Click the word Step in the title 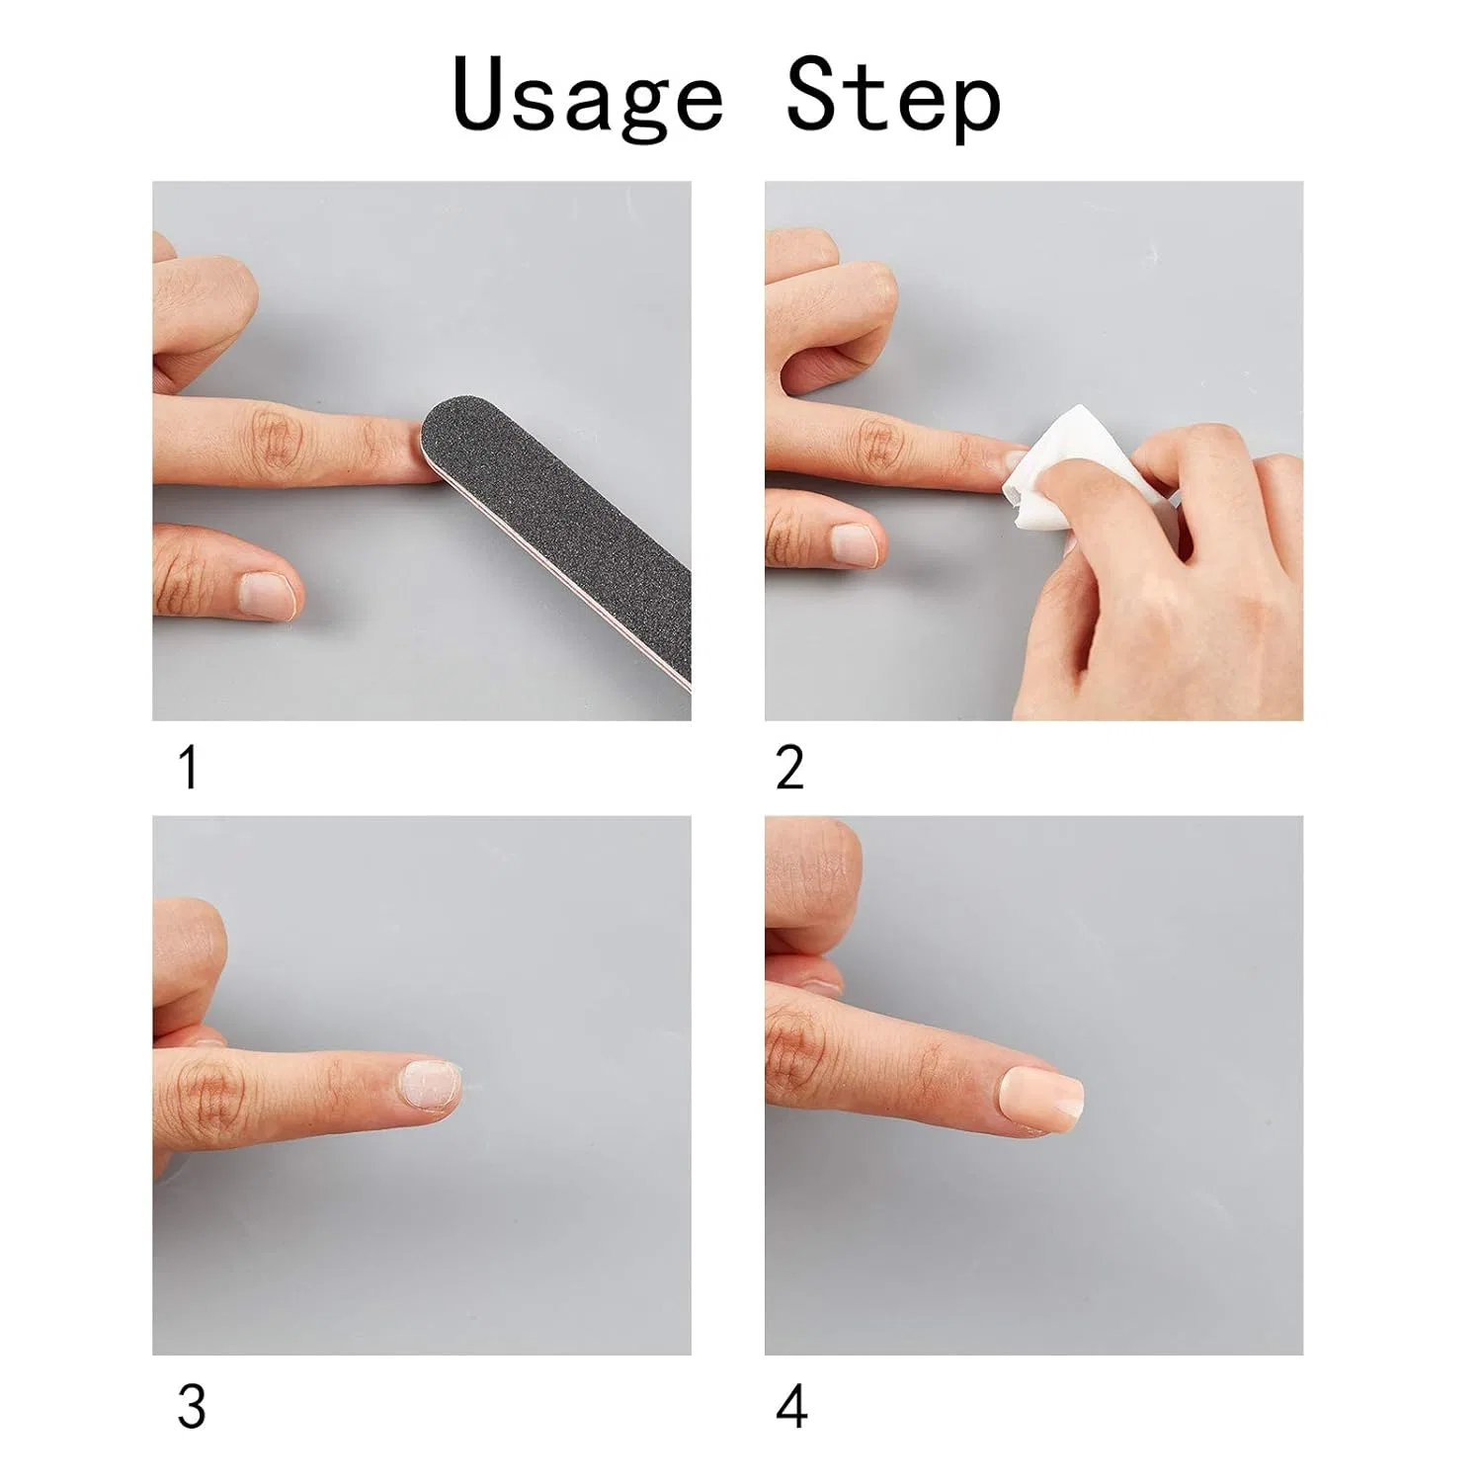894,97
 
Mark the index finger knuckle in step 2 879,442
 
